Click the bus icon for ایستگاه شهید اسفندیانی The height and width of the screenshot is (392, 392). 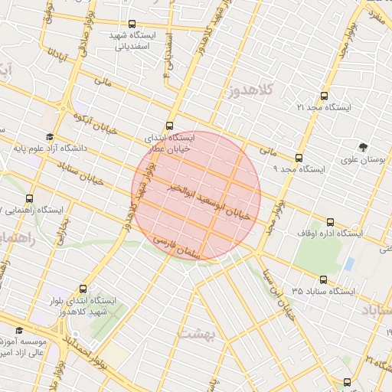tap(132, 24)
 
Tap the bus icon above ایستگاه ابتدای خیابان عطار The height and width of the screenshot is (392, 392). tap(169, 126)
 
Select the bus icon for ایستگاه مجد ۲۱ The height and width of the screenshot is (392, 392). tap(324, 96)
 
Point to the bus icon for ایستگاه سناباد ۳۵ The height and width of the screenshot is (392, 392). tap(322, 280)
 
